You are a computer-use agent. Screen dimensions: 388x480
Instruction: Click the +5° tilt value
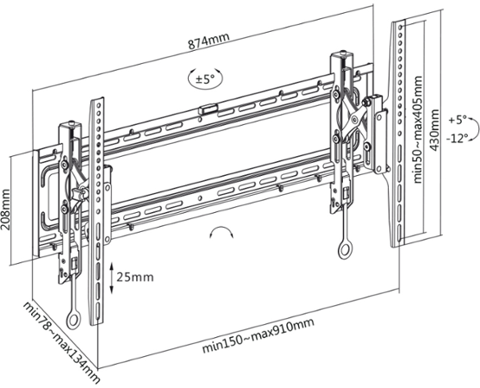(x=458, y=118)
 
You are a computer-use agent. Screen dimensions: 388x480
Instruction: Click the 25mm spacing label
(x=137, y=277)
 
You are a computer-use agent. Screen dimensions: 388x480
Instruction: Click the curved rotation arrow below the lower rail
(x=221, y=233)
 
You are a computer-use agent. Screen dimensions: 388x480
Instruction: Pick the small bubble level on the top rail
(x=208, y=110)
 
